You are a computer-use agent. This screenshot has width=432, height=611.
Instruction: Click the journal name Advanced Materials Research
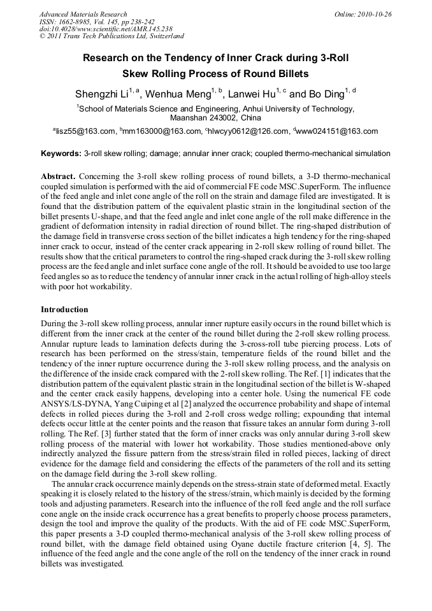point(83,14)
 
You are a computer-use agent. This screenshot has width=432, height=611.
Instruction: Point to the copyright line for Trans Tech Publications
point(112,36)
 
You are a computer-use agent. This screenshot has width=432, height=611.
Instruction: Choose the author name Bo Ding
point(326,94)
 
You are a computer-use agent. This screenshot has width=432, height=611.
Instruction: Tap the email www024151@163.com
point(338,132)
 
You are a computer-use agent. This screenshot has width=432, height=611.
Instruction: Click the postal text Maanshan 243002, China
point(215,119)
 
